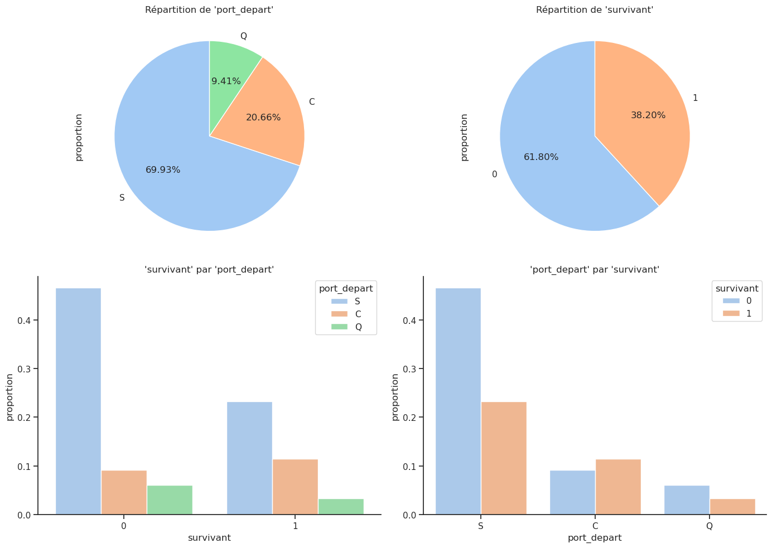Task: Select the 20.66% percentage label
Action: (263, 118)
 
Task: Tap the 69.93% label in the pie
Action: (163, 170)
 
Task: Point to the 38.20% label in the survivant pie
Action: (648, 115)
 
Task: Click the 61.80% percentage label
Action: (541, 157)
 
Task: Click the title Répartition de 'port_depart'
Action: (209, 9)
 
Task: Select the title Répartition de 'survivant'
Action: (595, 9)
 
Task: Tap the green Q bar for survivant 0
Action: (170, 499)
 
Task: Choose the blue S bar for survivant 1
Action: (249, 458)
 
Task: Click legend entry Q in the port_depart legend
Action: (358, 327)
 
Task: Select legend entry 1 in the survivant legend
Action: (749, 314)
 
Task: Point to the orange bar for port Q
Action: (732, 506)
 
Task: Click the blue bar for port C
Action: (572, 492)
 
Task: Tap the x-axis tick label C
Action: (595, 526)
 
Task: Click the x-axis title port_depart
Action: (595, 538)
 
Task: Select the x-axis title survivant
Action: (209, 538)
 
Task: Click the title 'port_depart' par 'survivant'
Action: (595, 270)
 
